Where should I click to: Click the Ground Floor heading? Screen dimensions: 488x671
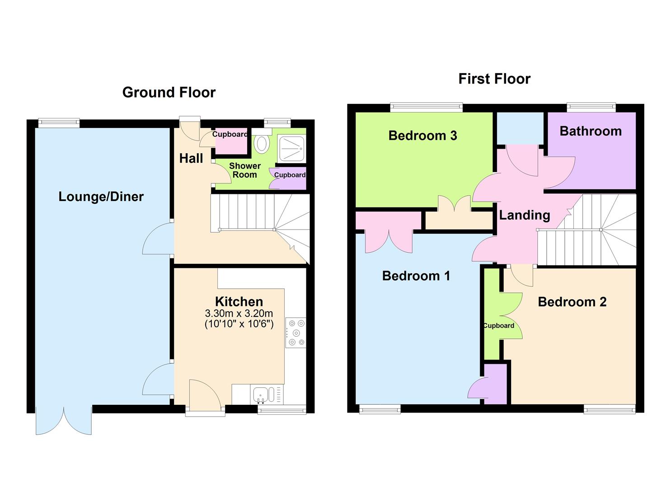point(169,92)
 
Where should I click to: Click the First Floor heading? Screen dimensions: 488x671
point(494,79)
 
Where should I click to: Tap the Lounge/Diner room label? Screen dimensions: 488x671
point(101,197)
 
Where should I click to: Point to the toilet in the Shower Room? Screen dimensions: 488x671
point(262,144)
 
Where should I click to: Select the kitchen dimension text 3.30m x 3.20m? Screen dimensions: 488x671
point(239,313)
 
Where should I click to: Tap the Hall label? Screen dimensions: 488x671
point(191,158)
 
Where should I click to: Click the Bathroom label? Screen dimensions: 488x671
point(590,131)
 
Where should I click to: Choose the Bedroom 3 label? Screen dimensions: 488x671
point(422,136)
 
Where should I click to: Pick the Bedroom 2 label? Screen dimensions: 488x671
point(572,302)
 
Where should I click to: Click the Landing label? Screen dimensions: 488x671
point(524,215)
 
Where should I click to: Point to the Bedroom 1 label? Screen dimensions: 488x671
point(416,276)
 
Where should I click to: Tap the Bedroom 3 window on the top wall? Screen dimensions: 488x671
point(427,108)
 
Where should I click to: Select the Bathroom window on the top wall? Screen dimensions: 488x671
point(591,108)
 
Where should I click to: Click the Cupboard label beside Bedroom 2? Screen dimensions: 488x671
point(498,326)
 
